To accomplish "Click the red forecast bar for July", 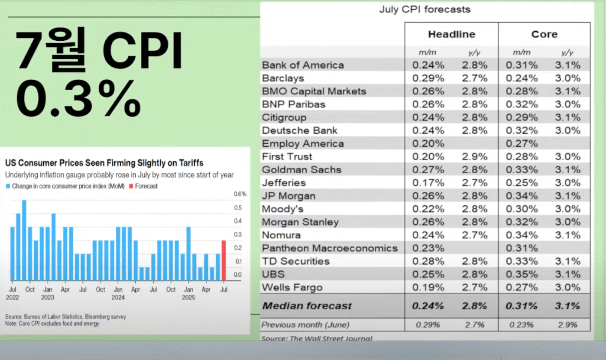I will point(224,260).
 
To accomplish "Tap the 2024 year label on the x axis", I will point(118,298).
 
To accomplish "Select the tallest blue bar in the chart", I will point(24,240).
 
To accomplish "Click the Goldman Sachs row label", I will point(301,170).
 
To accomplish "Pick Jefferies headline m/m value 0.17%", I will point(428,183).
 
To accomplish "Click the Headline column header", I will point(451,34).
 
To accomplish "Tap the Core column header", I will point(544,34).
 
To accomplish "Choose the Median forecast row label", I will point(307,306).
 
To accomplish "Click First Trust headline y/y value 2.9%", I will point(475,157).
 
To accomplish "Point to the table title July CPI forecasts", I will point(425,9).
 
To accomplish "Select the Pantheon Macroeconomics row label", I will point(330,248).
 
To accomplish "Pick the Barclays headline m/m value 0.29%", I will point(428,78).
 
